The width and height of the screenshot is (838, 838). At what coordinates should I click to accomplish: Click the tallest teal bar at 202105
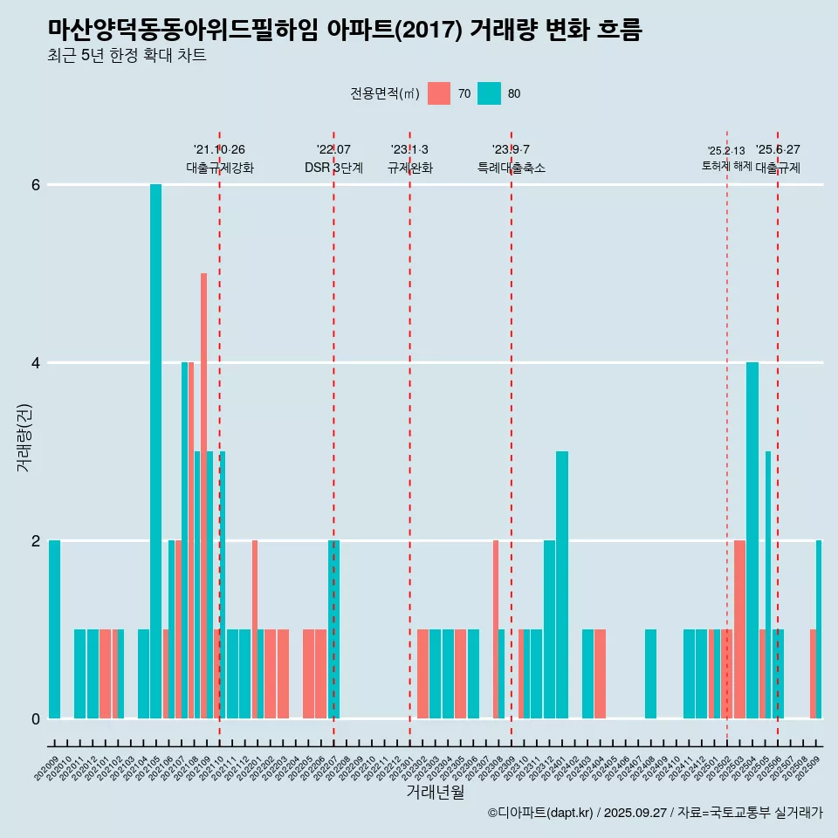155,451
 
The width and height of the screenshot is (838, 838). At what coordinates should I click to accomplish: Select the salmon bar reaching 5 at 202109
203,496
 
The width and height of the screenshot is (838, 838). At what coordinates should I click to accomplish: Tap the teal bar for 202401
562,585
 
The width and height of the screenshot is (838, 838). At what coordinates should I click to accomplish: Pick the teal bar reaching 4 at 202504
752,540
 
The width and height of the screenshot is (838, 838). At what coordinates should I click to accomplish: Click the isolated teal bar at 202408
650,674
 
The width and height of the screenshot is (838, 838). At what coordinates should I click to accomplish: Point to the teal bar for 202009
54,629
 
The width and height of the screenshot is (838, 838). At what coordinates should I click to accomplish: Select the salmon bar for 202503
739,629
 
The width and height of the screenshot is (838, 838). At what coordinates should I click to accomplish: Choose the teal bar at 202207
333,629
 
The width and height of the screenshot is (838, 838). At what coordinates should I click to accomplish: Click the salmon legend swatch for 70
439,93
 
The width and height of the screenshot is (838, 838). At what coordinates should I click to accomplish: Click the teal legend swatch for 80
489,93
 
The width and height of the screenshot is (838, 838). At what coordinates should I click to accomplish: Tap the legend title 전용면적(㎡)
385,93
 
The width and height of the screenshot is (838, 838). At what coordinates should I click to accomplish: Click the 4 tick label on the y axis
36,363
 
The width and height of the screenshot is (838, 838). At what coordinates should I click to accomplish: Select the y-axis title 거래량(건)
24,436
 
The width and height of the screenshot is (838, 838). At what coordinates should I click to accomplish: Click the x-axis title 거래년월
435,792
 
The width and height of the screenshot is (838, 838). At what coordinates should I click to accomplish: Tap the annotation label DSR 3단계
333,168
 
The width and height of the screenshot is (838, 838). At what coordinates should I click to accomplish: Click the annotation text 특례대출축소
511,168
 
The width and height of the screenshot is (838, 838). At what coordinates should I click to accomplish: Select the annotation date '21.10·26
219,149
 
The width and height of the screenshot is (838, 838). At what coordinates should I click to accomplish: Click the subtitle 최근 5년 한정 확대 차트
127,56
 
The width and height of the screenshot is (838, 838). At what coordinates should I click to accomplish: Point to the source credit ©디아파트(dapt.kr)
540,813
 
